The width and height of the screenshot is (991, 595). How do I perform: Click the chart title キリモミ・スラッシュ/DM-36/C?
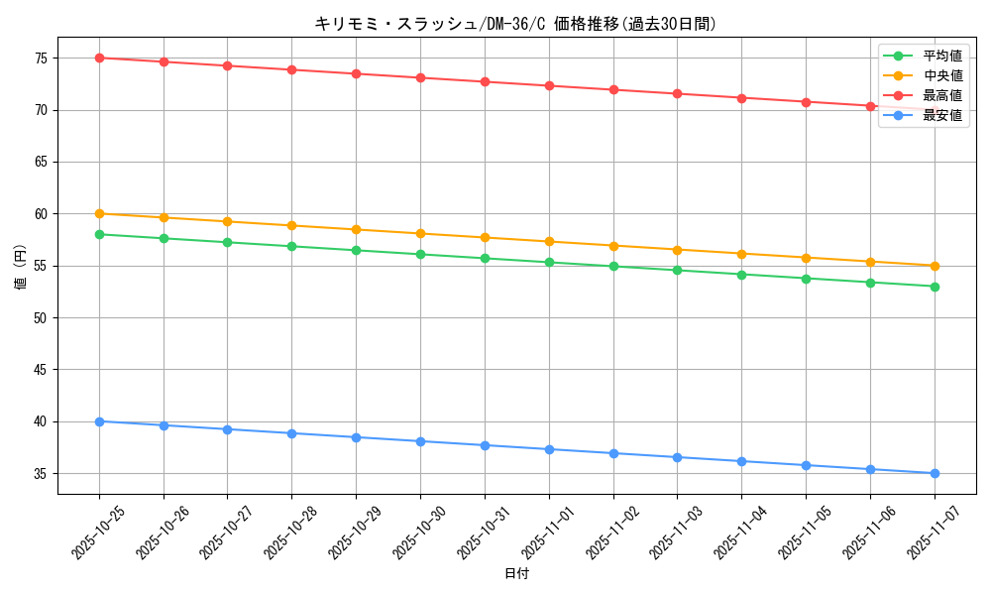coord(515,24)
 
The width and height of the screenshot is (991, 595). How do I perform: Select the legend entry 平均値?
coord(941,56)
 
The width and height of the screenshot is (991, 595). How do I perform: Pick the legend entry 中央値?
coord(941,75)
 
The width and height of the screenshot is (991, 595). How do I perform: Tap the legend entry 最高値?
coord(941,95)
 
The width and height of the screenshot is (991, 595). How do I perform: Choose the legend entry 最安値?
coord(941,115)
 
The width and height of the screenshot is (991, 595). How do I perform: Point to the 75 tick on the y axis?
coord(41,59)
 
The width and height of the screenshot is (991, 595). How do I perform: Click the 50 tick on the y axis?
coord(41,318)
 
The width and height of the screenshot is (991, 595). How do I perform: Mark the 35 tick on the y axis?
coord(41,474)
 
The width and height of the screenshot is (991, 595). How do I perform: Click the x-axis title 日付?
coord(516,573)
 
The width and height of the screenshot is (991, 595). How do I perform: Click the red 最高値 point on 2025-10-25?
coord(99,58)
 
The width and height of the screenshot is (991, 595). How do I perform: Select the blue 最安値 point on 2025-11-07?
coord(935,473)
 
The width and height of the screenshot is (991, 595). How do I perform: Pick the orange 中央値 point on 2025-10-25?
coord(99,213)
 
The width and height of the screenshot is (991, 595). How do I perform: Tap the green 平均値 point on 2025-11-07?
coord(935,287)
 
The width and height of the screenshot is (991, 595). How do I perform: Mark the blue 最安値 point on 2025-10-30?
coord(420,441)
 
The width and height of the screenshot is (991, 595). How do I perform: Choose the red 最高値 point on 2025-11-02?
coord(613,89)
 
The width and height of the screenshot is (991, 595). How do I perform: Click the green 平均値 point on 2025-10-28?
coord(292,246)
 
